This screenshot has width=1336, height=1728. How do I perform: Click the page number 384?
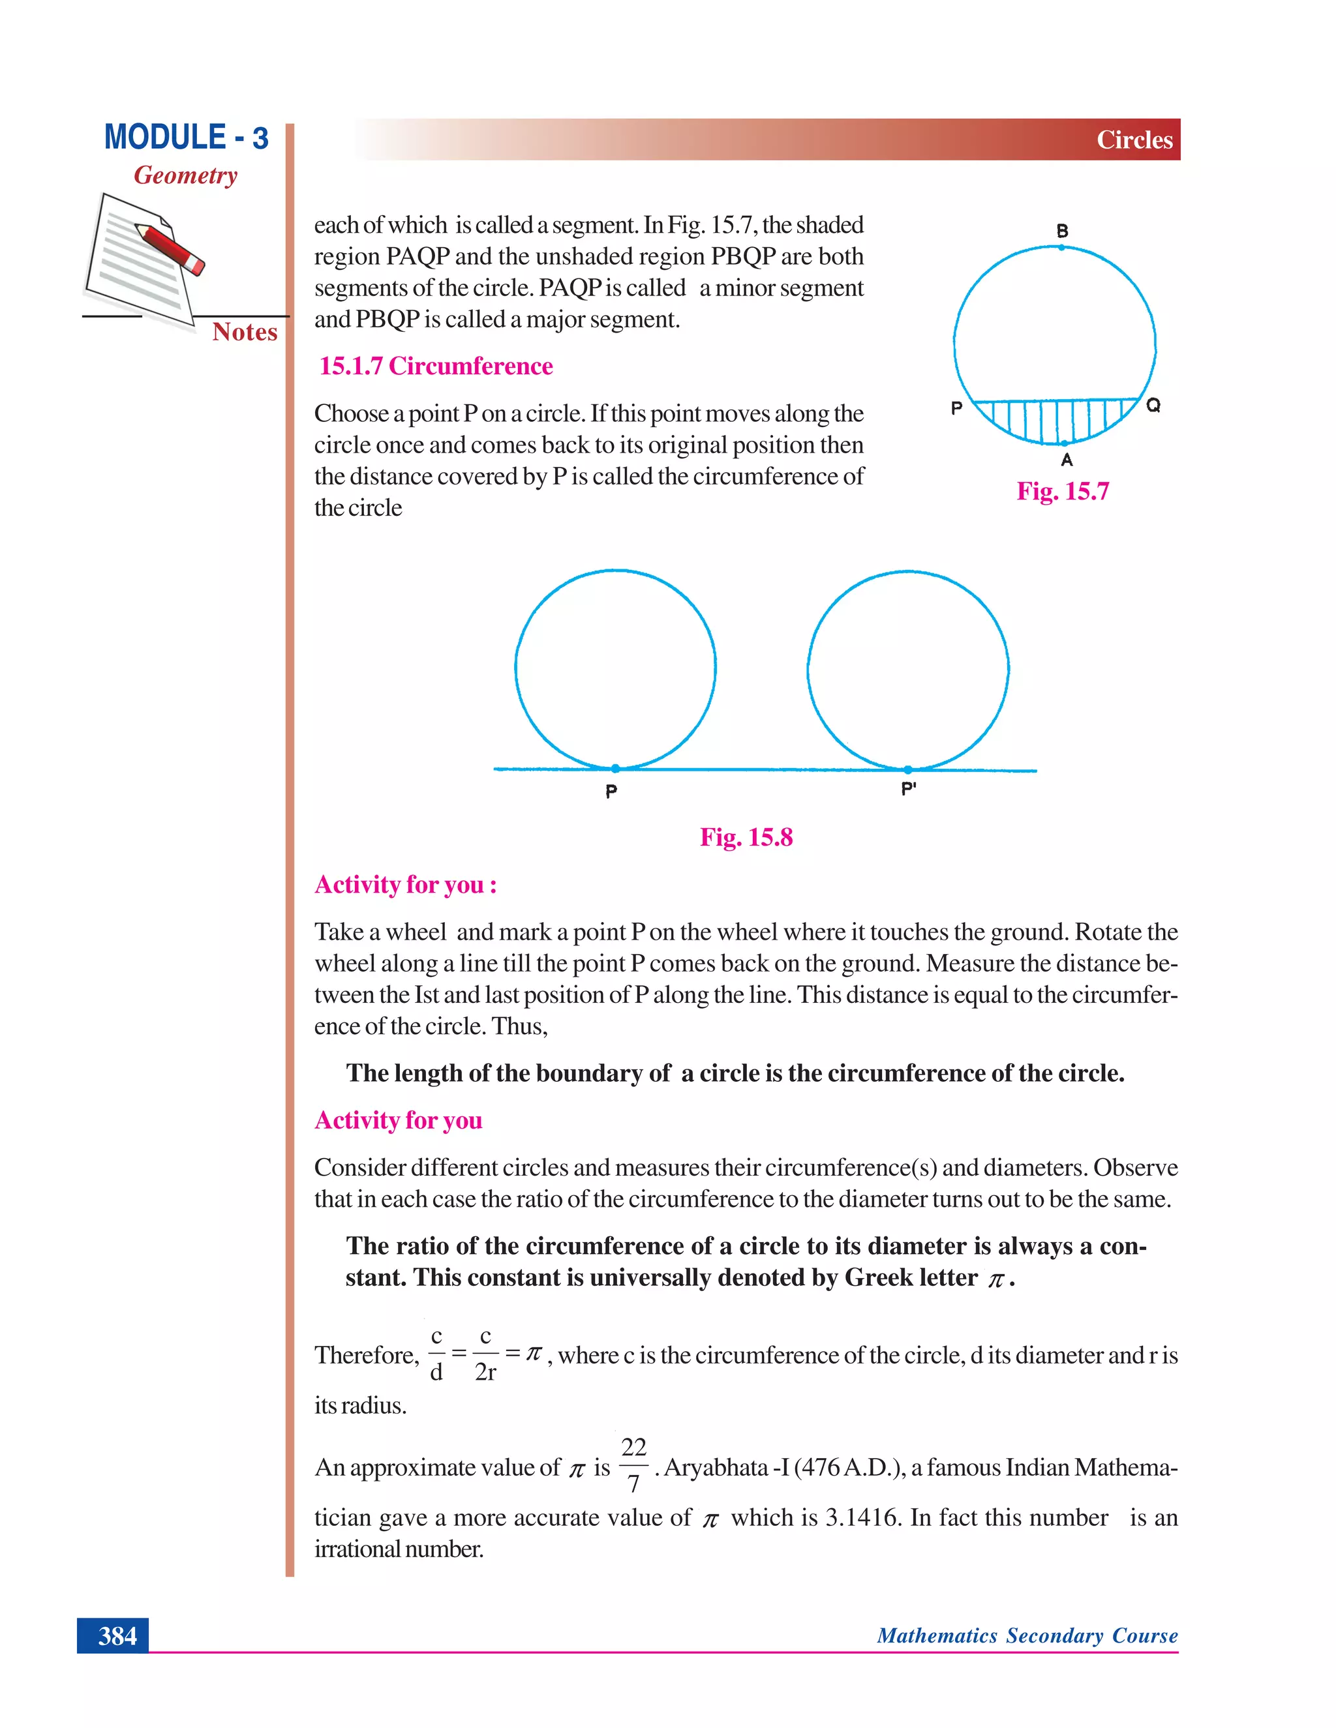pos(117,1635)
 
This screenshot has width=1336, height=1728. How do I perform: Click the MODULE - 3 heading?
pos(186,137)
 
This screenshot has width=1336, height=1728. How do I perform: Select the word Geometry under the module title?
pos(185,175)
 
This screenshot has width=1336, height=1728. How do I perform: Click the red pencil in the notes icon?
pos(170,248)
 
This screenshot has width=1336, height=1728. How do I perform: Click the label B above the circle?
pos(1062,231)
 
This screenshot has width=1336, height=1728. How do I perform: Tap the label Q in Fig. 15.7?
pos(1153,406)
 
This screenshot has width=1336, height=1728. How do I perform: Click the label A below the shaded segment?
pos(1067,460)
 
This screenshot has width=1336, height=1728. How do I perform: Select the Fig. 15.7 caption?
pos(1062,492)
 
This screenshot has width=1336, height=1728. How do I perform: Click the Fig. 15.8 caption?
pos(746,837)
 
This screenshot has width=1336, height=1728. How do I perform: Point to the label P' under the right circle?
pos(909,789)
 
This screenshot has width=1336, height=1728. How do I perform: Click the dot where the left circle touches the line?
pos(616,768)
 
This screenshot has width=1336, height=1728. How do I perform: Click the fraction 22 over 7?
pos(633,1465)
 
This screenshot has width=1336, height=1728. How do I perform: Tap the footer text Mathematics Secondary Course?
pos(1027,1635)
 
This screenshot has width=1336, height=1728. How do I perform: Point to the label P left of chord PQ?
pos(956,409)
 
